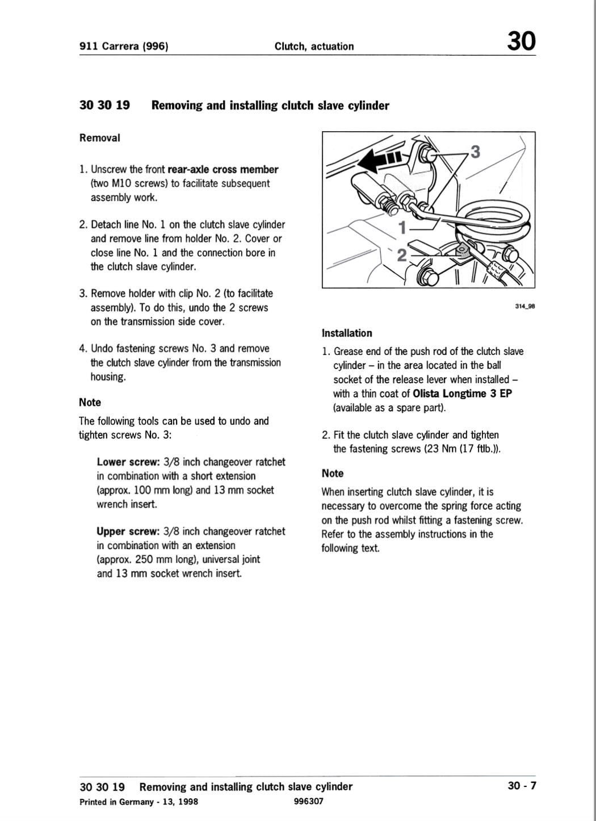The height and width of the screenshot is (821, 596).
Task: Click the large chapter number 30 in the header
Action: (x=521, y=41)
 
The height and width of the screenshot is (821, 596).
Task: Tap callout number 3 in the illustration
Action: (x=475, y=152)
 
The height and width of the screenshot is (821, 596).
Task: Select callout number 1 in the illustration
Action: (x=402, y=228)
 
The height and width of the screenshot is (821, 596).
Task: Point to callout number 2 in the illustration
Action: (x=401, y=255)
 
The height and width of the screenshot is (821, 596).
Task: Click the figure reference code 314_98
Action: (x=524, y=307)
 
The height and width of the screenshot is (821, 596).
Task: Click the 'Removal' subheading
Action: (x=100, y=138)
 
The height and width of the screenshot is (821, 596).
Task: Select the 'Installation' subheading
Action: (x=347, y=333)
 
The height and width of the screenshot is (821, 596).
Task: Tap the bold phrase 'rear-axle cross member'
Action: (x=223, y=169)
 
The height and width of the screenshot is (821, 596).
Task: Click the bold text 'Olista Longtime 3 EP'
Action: (x=462, y=393)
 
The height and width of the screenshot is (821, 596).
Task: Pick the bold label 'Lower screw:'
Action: (x=128, y=462)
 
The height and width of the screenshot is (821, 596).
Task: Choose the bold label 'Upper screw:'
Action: (x=128, y=531)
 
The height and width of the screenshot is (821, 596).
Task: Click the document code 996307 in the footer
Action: (x=309, y=801)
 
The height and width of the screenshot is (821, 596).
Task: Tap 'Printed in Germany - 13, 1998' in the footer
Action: (x=139, y=802)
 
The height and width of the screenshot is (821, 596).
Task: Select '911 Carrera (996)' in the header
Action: (x=124, y=46)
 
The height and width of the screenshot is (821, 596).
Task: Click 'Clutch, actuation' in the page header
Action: (x=314, y=46)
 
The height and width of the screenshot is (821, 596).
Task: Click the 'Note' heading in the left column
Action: (x=90, y=403)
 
